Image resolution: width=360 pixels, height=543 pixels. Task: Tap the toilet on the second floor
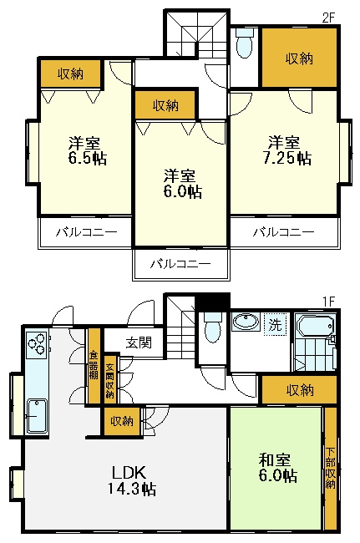coord(244,45)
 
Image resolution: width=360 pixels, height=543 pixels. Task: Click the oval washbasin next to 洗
coord(245,323)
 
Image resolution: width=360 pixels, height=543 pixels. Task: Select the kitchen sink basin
coord(38,415)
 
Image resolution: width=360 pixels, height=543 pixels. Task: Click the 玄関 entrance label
coord(140,342)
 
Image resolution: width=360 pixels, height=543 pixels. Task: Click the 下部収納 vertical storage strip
coord(331,468)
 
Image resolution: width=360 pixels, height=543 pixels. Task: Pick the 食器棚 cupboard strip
coord(94,367)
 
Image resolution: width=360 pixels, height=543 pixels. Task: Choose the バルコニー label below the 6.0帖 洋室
coord(180,264)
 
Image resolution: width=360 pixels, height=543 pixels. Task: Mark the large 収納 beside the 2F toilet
coord(299,58)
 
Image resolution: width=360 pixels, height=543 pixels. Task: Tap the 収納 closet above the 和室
coord(299,389)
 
